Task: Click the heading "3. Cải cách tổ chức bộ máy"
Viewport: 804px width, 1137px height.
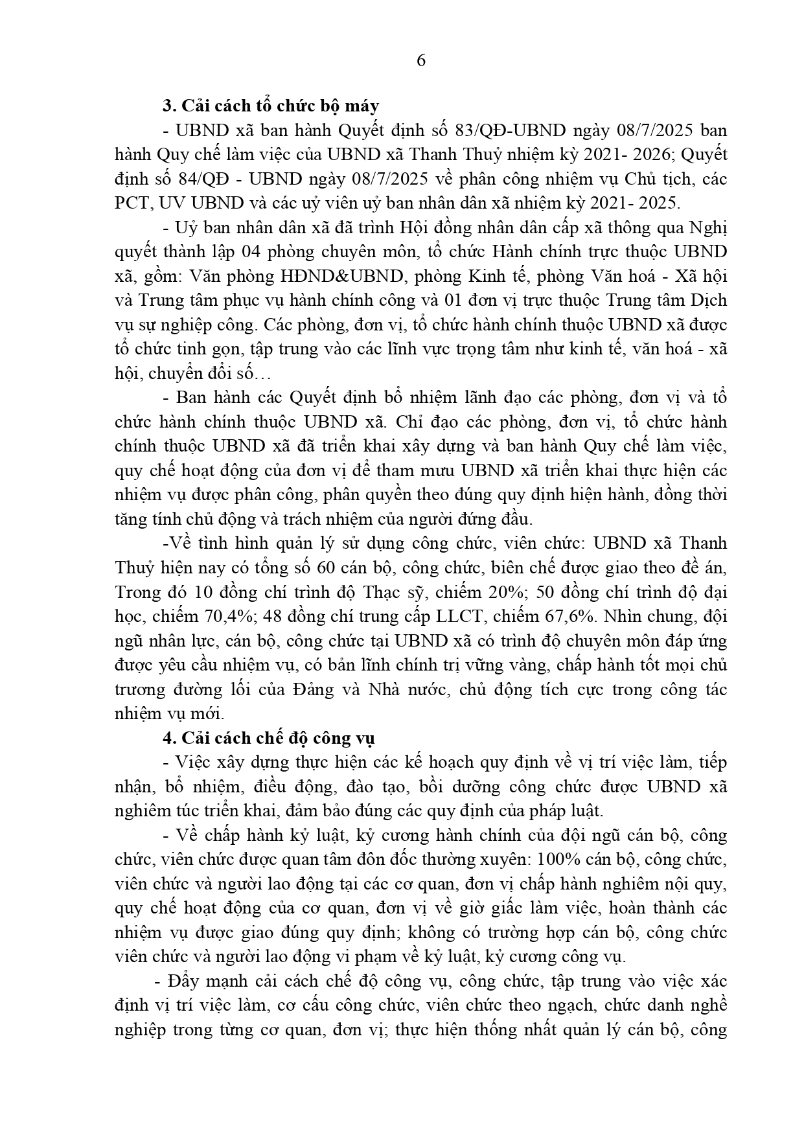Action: point(271,106)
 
